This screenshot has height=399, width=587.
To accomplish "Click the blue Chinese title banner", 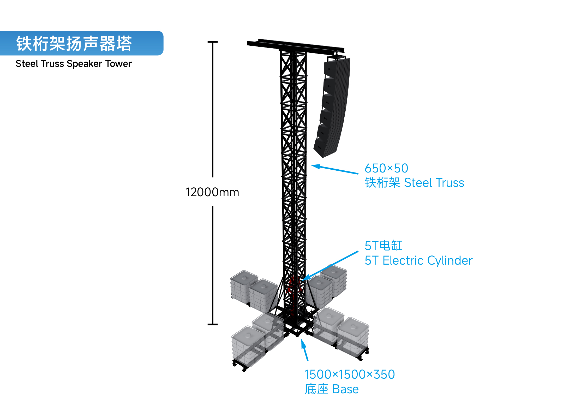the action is click(x=82, y=43).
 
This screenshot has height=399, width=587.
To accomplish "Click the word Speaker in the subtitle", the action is click(x=85, y=64).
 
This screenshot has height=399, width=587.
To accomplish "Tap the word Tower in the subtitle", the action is click(x=118, y=64).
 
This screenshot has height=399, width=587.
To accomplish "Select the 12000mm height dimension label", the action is click(x=212, y=192).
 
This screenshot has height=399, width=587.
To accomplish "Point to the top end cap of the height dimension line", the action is click(x=213, y=42).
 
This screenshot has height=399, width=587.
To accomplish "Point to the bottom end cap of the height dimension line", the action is click(x=213, y=324).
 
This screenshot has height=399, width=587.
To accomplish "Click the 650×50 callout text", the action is click(x=386, y=168).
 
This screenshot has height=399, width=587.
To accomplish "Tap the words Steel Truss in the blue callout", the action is click(x=434, y=183).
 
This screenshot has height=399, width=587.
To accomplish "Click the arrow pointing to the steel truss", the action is click(x=334, y=169).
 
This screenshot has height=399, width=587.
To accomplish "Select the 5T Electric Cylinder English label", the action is click(x=418, y=261).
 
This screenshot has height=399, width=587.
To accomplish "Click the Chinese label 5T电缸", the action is click(x=384, y=246).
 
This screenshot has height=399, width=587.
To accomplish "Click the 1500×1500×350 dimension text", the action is click(x=350, y=374).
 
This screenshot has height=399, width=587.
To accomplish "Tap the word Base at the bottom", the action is click(x=346, y=389).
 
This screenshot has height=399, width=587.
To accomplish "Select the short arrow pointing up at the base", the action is click(x=305, y=350).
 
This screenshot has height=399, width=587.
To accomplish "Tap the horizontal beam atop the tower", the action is click(x=296, y=46).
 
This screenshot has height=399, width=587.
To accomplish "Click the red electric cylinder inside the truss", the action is click(x=294, y=287).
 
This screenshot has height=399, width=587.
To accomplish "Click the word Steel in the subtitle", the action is click(x=27, y=64).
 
